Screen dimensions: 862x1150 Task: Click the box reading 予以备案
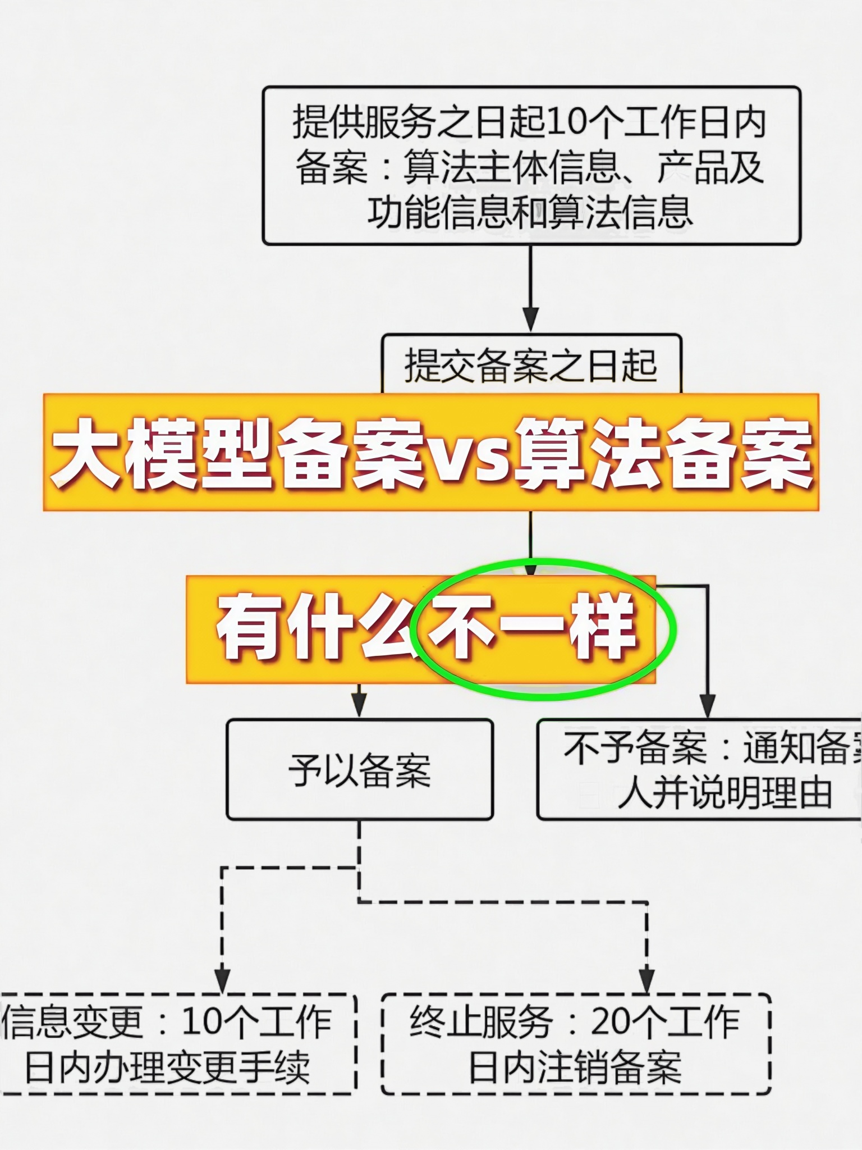360,769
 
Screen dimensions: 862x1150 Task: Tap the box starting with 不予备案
699,769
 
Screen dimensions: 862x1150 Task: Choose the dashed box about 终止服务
576,1044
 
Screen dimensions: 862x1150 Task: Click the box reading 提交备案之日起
531,365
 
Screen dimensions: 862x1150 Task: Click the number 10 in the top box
565,122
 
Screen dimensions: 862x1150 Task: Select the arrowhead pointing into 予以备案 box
359,705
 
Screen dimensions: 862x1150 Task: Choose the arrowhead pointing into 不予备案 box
708,705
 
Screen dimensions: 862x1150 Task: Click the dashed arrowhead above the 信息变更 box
223,979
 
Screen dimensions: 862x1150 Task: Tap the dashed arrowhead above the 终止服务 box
646,979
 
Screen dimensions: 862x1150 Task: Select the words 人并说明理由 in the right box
724,793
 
